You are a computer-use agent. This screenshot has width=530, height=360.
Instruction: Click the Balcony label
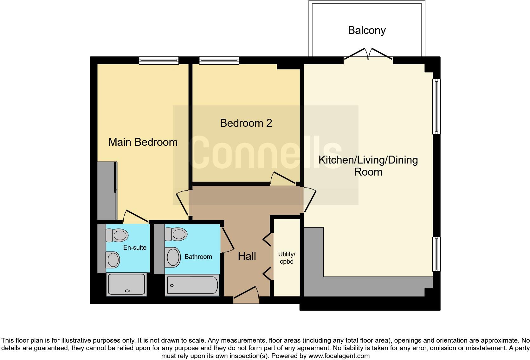click(x=367, y=30)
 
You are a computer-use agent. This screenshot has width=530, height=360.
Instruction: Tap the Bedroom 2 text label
click(x=246, y=123)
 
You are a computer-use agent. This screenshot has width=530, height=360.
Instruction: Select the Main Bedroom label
click(x=143, y=142)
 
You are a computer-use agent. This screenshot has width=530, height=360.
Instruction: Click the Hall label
click(x=247, y=256)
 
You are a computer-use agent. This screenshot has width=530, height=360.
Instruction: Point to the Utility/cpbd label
click(x=287, y=258)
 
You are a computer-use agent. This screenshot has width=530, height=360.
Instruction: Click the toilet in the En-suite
click(x=117, y=235)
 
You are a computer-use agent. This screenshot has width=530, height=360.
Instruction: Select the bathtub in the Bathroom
click(x=192, y=285)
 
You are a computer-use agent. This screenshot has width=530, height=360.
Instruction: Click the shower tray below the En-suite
click(x=126, y=284)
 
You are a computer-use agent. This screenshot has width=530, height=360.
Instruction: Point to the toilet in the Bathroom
click(x=176, y=234)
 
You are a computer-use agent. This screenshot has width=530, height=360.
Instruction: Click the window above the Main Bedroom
click(x=159, y=60)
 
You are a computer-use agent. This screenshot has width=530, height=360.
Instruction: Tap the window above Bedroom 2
click(x=219, y=60)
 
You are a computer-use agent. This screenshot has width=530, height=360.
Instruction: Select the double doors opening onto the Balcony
click(x=368, y=54)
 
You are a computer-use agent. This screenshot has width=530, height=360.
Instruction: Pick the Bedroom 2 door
click(x=283, y=179)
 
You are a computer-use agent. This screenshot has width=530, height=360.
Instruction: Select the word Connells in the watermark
click(x=265, y=152)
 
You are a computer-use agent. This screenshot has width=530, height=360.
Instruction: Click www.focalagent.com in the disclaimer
click(x=339, y=356)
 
